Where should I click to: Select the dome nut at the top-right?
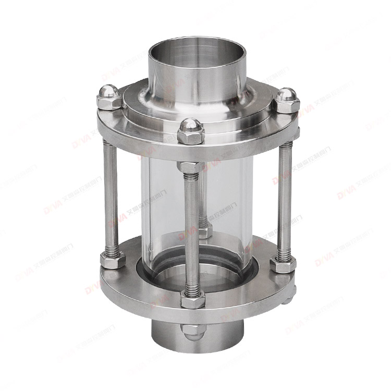(x=286, y=99)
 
